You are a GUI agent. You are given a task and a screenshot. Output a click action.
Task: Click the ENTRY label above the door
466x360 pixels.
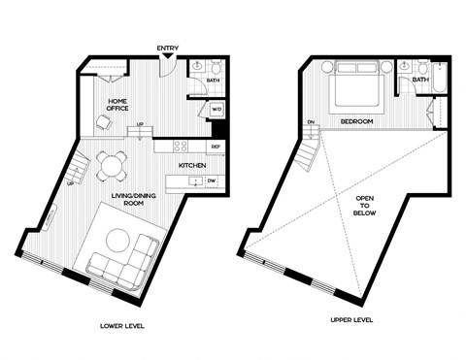[167, 48]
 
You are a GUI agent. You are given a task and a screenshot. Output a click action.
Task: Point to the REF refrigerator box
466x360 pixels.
[216, 147]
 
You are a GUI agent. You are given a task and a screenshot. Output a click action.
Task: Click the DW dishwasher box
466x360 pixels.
[211, 180]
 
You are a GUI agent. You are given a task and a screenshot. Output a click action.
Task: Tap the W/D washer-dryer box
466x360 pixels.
[216, 110]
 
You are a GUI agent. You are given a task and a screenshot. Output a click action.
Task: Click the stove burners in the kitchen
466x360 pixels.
[179, 147]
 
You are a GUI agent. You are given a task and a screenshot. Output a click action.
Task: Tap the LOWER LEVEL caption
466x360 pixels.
[121, 326]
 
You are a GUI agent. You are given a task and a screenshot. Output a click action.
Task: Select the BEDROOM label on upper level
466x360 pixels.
[358, 120]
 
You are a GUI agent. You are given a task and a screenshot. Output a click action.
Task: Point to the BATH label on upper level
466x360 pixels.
[420, 107]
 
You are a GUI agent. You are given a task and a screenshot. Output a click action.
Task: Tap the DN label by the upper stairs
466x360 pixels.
[312, 122]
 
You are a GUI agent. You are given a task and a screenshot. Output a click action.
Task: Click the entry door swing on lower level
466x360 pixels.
[170, 64]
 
